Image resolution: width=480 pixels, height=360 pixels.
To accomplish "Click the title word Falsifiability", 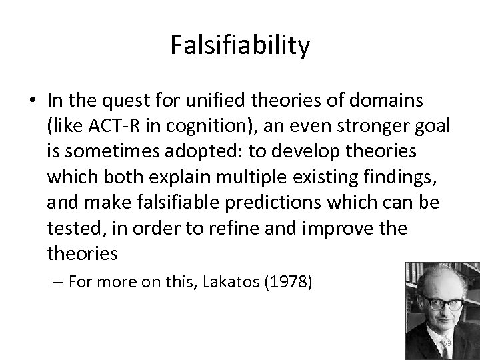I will point(240,45).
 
